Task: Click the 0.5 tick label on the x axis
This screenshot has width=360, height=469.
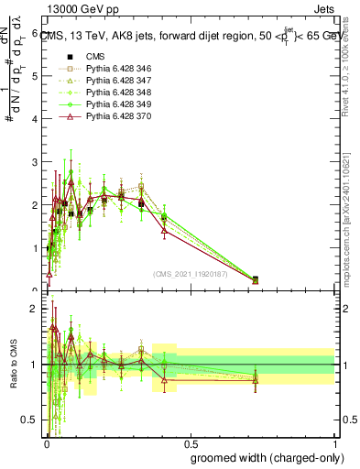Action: click(x=190, y=442)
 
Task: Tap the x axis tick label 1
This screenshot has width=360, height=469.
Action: click(x=335, y=442)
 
